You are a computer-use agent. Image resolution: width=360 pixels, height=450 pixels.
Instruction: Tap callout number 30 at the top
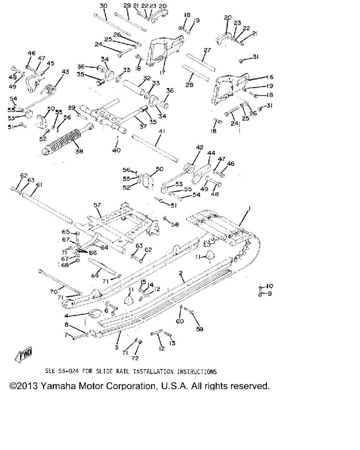(103, 6)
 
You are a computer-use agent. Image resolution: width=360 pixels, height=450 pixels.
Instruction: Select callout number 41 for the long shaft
(161, 131)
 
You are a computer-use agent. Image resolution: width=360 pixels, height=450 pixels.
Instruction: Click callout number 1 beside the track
(249, 208)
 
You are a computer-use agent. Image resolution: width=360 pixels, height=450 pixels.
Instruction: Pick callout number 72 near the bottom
(135, 358)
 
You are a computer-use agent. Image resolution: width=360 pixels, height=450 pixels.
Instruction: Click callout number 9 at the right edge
(270, 294)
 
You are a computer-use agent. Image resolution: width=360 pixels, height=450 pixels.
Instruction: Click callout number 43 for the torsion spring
(65, 72)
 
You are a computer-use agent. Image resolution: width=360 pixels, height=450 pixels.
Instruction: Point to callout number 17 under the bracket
(163, 73)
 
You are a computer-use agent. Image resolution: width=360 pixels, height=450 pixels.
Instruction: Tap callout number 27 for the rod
(207, 50)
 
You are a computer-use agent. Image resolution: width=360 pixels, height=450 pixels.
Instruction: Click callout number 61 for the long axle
(39, 185)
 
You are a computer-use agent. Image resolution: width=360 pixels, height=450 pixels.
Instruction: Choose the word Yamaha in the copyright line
(57, 386)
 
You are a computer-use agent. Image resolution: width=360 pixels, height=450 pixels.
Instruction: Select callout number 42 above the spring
(199, 148)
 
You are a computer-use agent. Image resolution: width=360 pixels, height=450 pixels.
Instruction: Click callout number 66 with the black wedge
(93, 252)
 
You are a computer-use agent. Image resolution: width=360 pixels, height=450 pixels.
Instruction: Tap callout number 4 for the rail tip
(66, 316)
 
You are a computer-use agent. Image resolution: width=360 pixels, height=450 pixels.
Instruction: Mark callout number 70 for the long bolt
(53, 291)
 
